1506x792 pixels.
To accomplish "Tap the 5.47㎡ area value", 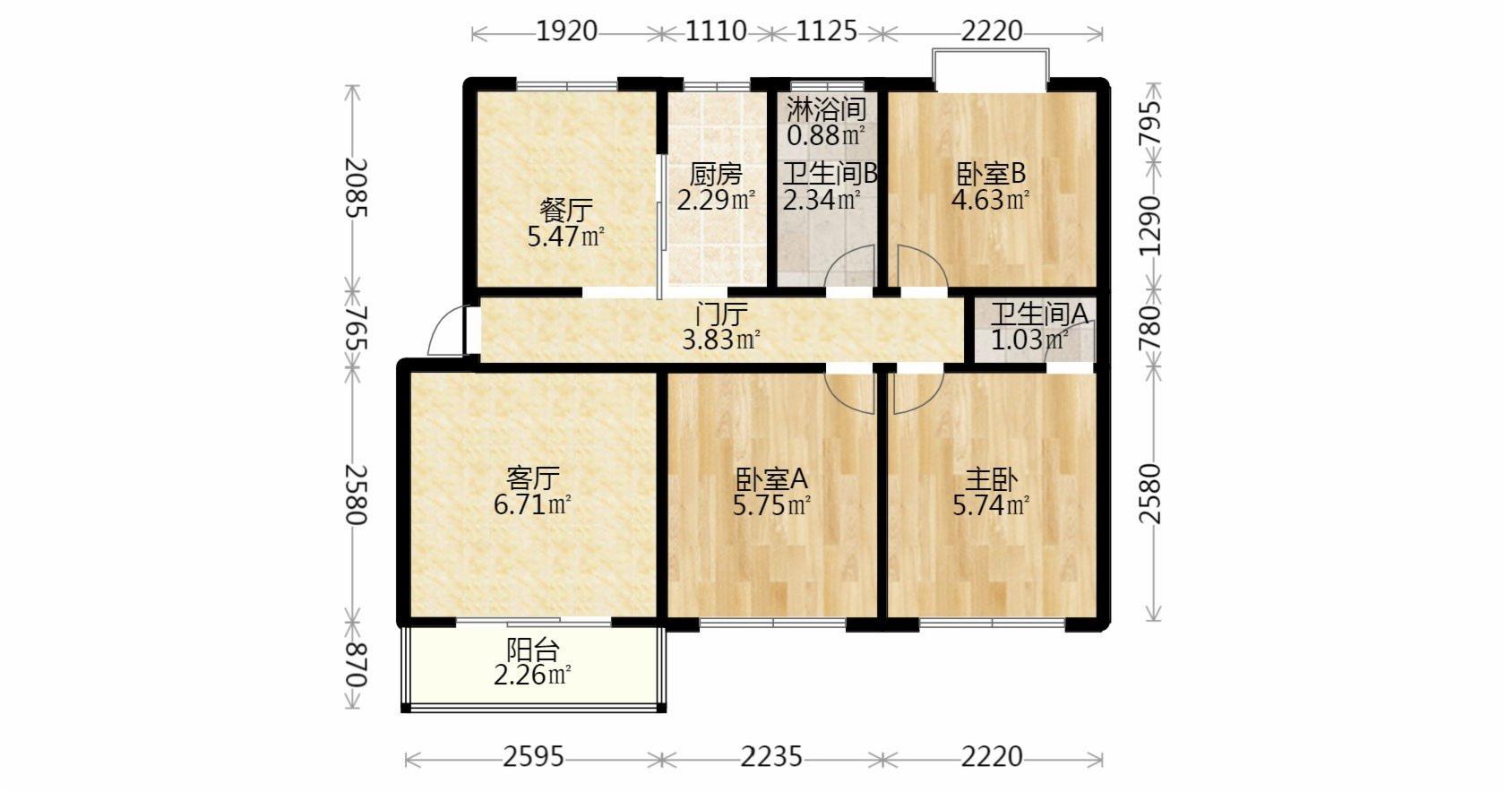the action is (566, 237).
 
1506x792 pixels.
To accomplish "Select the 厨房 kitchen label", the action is (716, 174).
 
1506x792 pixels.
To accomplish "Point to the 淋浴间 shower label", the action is (826, 109).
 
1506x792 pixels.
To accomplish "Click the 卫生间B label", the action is (830, 174).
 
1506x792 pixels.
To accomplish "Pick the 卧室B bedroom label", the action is (991, 174).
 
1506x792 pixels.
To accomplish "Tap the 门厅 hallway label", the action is (720, 314).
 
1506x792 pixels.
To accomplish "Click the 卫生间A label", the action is (1038, 314).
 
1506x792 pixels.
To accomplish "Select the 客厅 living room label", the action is (532, 478).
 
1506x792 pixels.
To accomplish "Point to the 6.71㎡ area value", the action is (532, 504).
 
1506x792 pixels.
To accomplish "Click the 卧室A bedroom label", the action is (772, 479).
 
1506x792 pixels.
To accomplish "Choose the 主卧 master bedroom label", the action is (992, 479).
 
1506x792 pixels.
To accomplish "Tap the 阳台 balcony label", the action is (532, 650).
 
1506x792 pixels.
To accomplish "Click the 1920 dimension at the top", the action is (566, 31).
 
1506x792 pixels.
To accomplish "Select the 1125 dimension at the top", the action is (826, 31).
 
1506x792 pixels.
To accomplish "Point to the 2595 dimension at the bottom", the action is (533, 758).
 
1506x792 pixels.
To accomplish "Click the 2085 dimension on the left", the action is (356, 188).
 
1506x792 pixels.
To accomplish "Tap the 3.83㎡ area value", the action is (720, 340).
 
